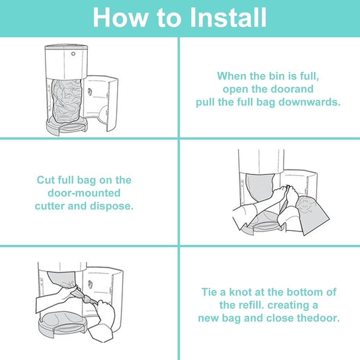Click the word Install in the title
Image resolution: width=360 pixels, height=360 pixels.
pos(228,17)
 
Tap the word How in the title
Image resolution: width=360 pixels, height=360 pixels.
pos(121,17)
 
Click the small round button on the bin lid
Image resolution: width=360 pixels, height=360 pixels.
pos(73,54)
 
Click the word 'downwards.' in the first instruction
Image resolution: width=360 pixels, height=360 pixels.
pos(309,102)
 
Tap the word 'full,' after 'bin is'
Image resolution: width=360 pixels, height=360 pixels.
pos(310,76)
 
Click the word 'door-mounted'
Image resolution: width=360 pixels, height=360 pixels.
pos(84,193)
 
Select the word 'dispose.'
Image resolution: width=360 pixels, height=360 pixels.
pos(112,206)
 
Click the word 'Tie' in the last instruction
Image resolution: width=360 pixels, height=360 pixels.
pos(209,292)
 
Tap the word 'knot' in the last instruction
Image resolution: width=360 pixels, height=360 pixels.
pos(240,292)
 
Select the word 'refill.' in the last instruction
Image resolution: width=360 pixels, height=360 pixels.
pos(252,305)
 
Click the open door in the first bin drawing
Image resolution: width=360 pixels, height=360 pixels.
pos(101,103)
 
